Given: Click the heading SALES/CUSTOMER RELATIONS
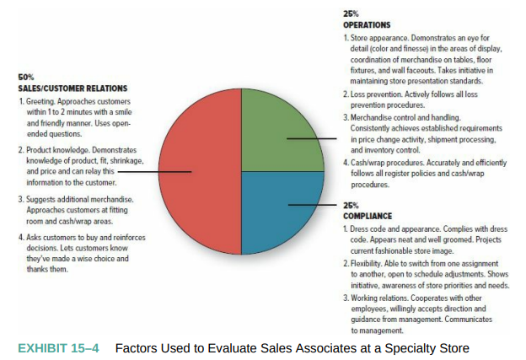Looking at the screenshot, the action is pyautogui.click(x=72, y=89).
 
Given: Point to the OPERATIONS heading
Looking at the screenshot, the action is pyautogui.click(x=367, y=24).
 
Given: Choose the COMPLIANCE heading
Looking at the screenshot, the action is pyautogui.click(x=368, y=216).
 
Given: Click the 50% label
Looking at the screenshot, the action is pyautogui.click(x=26, y=78).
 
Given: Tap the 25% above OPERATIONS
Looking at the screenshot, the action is pyautogui.click(x=351, y=13).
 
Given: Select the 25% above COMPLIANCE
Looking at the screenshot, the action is pyautogui.click(x=351, y=206).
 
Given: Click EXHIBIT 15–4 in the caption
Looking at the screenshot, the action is pyautogui.click(x=58, y=348).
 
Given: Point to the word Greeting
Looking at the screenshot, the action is pyautogui.click(x=40, y=101).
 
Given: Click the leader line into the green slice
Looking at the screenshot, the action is pyautogui.click(x=312, y=138).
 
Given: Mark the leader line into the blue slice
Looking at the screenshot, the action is pyautogui.click(x=312, y=205).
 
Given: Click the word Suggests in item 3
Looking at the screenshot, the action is pyautogui.click(x=40, y=200).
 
